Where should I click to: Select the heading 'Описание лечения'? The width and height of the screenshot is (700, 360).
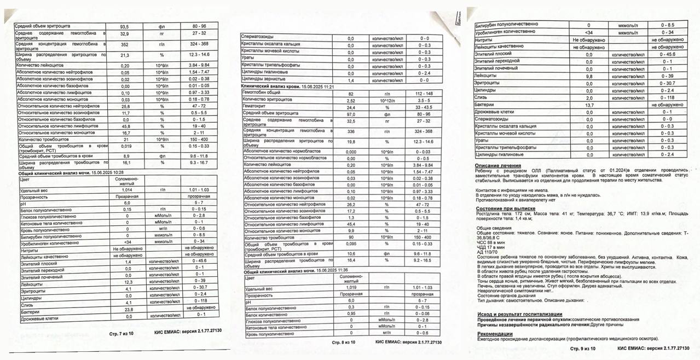click(x=498, y=166)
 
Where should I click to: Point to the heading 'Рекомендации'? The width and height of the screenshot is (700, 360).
click(x=495, y=334)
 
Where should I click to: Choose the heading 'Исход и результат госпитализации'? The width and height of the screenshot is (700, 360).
click(x=519, y=315)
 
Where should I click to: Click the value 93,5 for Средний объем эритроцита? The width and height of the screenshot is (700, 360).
click(x=124, y=27)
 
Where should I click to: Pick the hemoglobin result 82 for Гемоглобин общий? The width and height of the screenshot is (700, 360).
click(x=351, y=94)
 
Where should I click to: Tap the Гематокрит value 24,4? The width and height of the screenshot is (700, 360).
click(x=351, y=107)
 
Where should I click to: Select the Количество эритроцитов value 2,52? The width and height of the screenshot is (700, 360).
click(x=351, y=101)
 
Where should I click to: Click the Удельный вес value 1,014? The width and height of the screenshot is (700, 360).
click(x=127, y=189)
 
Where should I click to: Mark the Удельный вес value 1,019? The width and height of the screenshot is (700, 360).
click(x=351, y=287)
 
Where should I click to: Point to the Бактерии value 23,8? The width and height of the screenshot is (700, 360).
click(x=129, y=310)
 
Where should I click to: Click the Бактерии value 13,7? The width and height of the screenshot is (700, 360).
click(x=589, y=105)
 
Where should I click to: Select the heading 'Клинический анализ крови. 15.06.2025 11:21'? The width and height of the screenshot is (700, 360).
click(x=287, y=87)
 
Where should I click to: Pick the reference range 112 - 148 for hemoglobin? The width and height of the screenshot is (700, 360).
click(x=424, y=94)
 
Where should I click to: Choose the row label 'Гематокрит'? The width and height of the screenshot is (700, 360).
click(x=256, y=107)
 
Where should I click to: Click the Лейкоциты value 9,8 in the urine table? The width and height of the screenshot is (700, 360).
click(x=589, y=76)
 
